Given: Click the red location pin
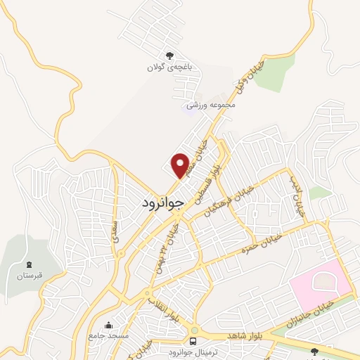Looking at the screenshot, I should (x=181, y=165).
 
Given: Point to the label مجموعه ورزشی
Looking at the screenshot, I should (x=214, y=106).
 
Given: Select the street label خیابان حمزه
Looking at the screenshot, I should (x=263, y=245).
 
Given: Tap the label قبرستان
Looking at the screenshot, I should (x=21, y=275).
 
